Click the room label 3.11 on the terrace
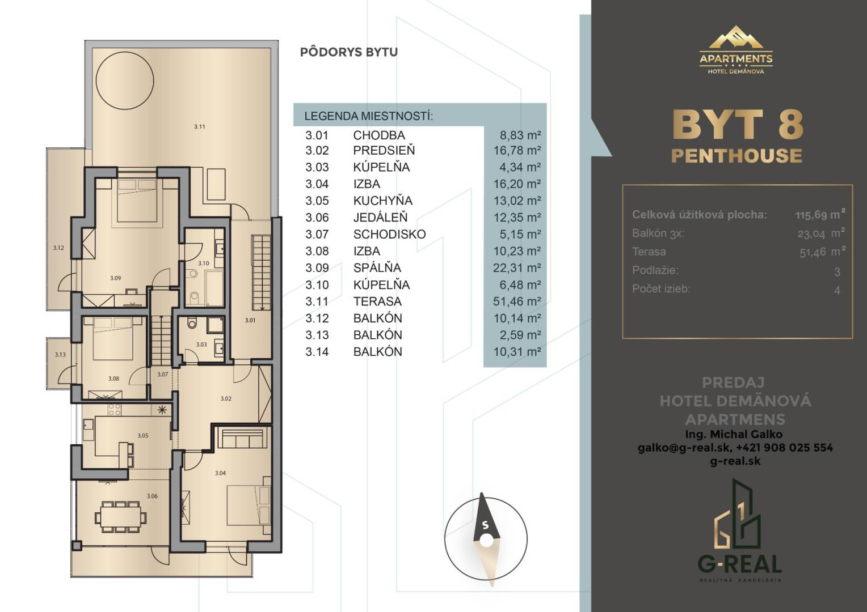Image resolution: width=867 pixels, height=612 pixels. point(199,126)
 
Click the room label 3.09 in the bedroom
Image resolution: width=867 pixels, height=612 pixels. point(115,278)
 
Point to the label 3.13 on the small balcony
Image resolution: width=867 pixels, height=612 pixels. point(60,355)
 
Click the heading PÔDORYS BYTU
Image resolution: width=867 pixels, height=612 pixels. point(349,52)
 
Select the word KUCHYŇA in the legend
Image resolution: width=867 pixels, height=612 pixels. point(382,201)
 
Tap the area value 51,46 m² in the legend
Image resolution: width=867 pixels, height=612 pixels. point(517,301)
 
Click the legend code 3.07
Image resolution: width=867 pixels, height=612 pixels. point(317,234)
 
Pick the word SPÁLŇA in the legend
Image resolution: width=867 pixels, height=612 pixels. point(377,267)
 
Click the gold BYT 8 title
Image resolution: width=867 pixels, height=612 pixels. point(738,124)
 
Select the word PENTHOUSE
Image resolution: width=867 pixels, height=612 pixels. point(736,155)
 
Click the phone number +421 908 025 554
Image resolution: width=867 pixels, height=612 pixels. point(784,447)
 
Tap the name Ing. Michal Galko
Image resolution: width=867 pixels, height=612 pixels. point(735,434)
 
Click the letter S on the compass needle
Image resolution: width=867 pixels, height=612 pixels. point(485,525)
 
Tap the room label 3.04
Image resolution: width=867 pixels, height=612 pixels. point(220,473)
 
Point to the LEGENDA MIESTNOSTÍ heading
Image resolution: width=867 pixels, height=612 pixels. point(368,116)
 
